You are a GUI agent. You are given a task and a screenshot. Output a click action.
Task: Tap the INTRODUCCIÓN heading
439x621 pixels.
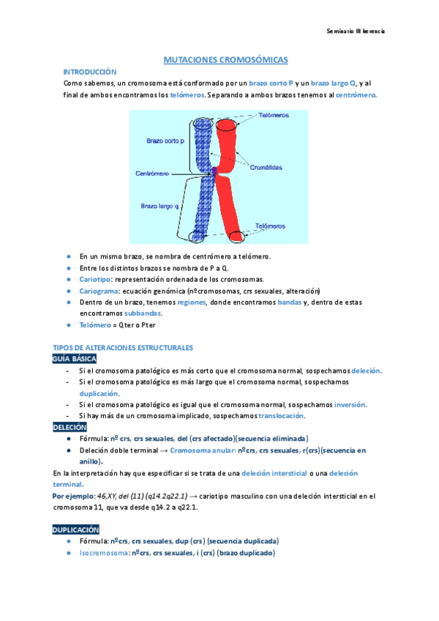click(90, 72)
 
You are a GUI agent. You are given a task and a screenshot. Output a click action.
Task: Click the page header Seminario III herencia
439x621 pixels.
click(356, 31)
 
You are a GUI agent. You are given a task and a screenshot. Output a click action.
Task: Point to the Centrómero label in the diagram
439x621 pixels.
click(151, 174)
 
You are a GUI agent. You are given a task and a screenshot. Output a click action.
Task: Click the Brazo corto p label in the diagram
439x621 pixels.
click(165, 140)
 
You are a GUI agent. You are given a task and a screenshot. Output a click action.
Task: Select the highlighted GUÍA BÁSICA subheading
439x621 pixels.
click(74, 359)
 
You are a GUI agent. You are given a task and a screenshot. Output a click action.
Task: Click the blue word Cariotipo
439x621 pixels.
click(95, 280)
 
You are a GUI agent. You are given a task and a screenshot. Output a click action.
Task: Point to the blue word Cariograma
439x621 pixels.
click(99, 290)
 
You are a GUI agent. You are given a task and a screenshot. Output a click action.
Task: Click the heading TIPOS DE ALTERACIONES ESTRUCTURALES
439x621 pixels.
click(122, 348)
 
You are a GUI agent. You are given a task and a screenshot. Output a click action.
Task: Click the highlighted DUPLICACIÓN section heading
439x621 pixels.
click(75, 529)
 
